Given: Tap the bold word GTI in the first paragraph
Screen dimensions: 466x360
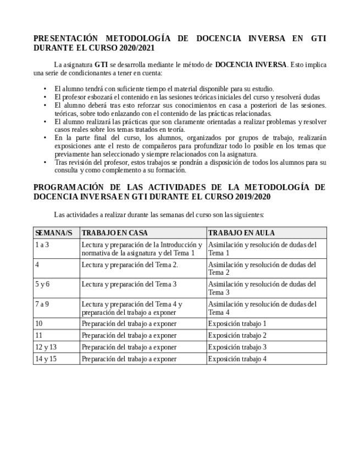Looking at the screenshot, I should [101, 64].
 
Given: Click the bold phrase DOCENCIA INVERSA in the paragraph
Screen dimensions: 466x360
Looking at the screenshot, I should [251, 64].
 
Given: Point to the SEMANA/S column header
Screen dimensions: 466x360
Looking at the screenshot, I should [54, 233].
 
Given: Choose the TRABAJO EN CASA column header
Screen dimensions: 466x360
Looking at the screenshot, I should [115, 233].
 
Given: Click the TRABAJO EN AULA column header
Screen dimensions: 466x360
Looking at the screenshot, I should [241, 233].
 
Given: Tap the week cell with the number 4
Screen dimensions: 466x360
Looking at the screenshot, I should [37, 265].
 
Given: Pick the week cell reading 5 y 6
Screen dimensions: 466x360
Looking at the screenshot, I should [42, 284].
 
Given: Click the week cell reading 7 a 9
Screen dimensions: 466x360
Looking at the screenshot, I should [42, 304].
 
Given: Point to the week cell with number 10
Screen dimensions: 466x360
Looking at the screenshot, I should [38, 324].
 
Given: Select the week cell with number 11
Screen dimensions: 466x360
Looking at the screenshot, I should [38, 335].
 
